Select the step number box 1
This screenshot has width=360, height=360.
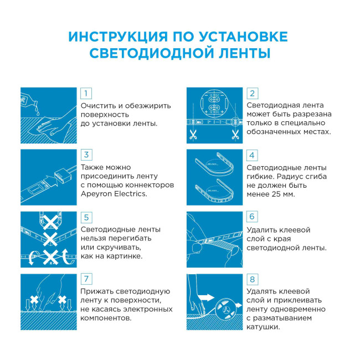pyautogui.click(x=86, y=93)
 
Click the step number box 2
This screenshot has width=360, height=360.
pyautogui.click(x=252, y=93)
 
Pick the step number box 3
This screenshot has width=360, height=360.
pyautogui.click(x=86, y=155)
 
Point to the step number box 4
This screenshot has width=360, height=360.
pyautogui.click(x=252, y=155)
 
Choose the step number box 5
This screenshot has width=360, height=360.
pyautogui.click(x=86, y=217)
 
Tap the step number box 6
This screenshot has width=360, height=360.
pyautogui.click(x=252, y=217)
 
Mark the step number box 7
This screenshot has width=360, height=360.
pyautogui.click(x=86, y=279)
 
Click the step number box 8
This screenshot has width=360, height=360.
pyautogui.click(x=252, y=279)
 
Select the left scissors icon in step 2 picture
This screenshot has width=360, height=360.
pyautogui.click(x=193, y=134)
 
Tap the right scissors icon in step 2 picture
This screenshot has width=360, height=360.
pyautogui.click(x=235, y=134)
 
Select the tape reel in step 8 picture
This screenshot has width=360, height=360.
pyautogui.click(x=226, y=308)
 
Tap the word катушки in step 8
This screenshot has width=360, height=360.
pyautogui.click(x=263, y=327)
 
